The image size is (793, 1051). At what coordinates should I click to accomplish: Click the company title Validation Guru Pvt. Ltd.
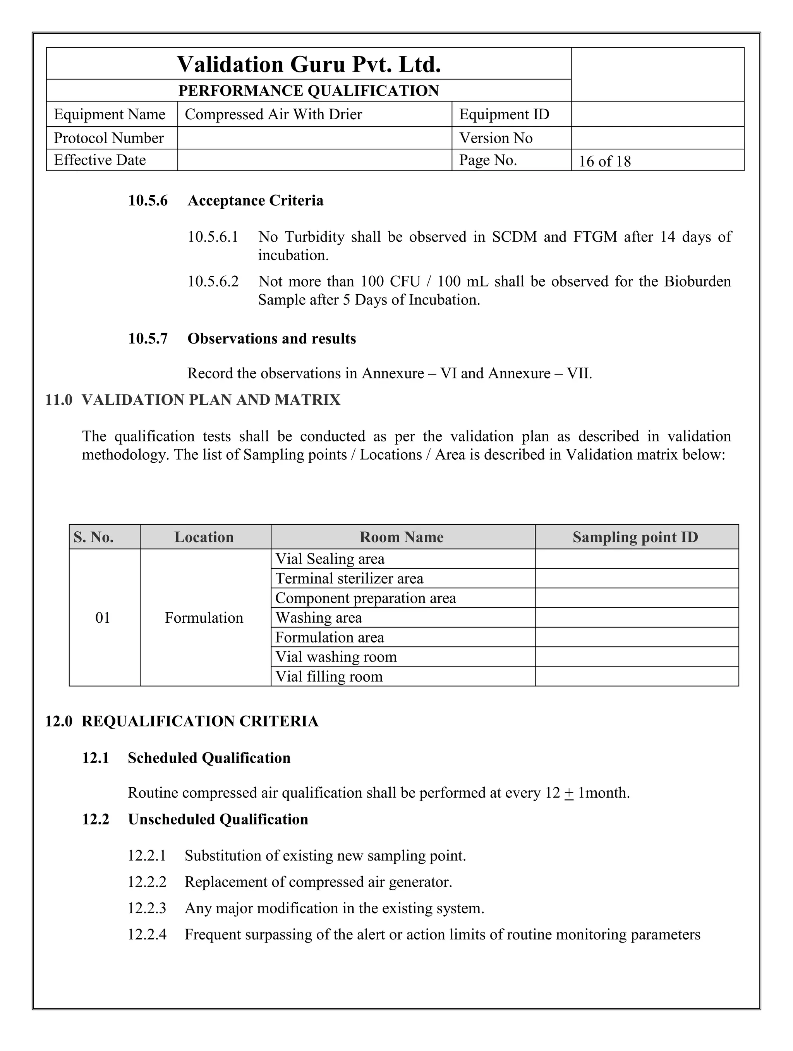tap(309, 64)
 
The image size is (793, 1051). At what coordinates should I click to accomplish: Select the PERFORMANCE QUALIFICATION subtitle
tap(309, 91)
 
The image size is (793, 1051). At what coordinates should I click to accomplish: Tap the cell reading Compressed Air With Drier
tap(273, 115)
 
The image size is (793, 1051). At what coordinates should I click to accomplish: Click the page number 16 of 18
tap(604, 161)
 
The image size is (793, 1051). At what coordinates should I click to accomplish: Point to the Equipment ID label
tap(504, 115)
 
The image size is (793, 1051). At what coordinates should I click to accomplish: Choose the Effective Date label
tap(100, 160)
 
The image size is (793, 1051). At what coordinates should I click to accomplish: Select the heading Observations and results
tap(271, 339)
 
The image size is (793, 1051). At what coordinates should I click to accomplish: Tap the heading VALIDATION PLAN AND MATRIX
tap(211, 400)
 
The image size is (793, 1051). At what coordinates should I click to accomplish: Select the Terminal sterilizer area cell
tap(349, 579)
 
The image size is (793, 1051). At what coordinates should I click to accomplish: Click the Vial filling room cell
tap(329, 677)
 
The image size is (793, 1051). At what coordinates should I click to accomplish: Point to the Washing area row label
tap(318, 618)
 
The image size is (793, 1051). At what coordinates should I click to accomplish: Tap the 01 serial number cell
tap(103, 618)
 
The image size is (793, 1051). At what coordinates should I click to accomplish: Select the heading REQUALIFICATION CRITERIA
tap(199, 721)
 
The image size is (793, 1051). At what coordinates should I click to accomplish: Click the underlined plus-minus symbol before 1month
tap(569, 793)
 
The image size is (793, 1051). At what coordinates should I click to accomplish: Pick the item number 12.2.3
tap(147, 908)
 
